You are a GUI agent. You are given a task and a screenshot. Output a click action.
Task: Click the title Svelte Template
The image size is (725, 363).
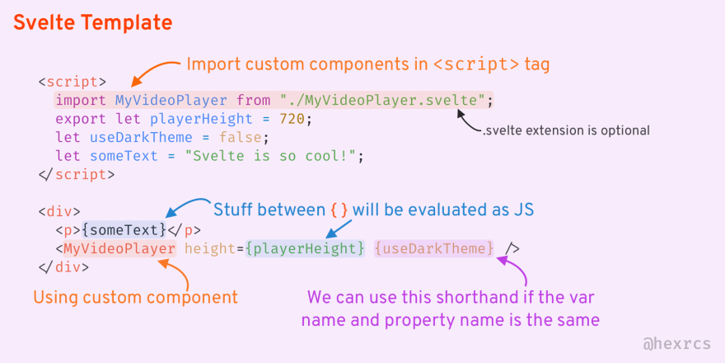[92, 22]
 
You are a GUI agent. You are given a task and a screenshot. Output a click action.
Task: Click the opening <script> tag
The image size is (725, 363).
[72, 82]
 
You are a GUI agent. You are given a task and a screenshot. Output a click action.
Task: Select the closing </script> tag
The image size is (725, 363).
[76, 174]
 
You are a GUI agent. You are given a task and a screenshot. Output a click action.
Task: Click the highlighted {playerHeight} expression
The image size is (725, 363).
[304, 248]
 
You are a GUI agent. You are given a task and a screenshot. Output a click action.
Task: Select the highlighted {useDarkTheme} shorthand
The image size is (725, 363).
[434, 248]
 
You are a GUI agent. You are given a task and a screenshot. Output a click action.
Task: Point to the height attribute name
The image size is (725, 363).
[212, 248]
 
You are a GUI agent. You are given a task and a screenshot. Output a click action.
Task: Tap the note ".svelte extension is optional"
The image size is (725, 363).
[566, 130]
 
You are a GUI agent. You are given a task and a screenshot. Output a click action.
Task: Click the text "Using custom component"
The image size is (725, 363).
[135, 297]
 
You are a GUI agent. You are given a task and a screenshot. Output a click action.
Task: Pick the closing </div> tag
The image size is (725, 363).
[63, 266]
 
